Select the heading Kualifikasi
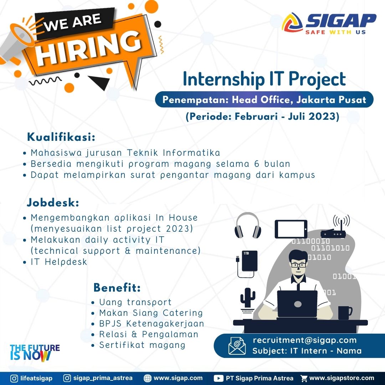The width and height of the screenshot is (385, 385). click(61, 137)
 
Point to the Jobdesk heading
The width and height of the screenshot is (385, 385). click(53, 202)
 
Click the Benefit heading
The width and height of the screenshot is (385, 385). click(117, 288)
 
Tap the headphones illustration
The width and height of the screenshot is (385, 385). click(248, 225)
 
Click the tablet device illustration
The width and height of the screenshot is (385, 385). click(291, 229)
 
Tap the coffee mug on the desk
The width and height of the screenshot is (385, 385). click(345, 313)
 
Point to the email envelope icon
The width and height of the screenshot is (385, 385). click(237, 346)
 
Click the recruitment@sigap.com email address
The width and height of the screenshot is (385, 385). click(304, 340)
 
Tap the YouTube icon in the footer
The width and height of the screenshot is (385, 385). click(218, 378)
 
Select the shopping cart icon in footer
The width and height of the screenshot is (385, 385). click(304, 378)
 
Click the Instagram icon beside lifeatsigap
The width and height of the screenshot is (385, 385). click(14, 378)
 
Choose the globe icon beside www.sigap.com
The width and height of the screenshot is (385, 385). click(147, 378)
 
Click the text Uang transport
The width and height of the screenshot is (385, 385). click(135, 302)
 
